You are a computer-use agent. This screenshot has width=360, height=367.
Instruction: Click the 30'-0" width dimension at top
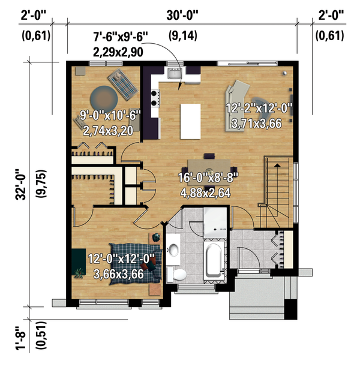(x=182, y=16)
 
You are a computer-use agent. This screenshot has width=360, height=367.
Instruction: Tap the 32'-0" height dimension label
(x=20, y=185)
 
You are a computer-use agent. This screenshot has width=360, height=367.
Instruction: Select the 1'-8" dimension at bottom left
(x=20, y=339)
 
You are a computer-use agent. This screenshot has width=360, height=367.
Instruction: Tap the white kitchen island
(x=190, y=122)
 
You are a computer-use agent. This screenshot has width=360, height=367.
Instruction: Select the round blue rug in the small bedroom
(x=104, y=100)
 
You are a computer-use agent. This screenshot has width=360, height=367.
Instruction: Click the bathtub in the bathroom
(x=214, y=260)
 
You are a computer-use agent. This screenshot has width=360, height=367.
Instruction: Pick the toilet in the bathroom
(x=176, y=275)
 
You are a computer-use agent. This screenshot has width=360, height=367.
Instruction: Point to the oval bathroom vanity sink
(x=173, y=249)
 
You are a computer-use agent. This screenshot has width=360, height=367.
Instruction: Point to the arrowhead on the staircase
(x=277, y=166)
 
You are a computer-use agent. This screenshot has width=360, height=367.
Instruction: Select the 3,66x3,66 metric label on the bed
(x=119, y=274)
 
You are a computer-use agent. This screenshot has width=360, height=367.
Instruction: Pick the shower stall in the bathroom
(x=215, y=222)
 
